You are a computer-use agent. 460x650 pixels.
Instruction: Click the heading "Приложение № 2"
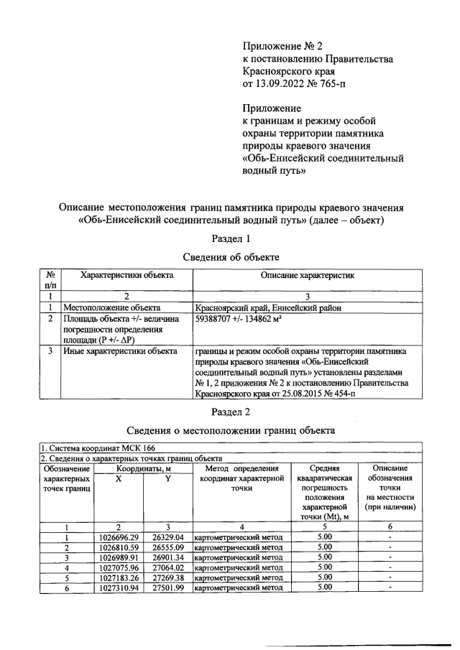coord(283,45)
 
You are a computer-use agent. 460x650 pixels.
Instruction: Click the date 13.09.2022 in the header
coord(284,86)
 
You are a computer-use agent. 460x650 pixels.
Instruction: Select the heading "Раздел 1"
coord(231,238)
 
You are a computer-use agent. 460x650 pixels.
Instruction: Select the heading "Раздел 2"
coord(231,412)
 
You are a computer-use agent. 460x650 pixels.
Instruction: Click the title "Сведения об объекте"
coord(231,256)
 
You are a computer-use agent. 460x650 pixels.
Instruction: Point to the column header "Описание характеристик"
coord(307,275)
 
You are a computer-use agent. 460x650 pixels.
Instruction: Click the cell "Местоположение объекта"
coord(112,307)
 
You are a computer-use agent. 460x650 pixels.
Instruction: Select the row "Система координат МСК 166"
coord(88,447)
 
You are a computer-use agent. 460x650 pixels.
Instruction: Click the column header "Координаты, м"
coord(143,468)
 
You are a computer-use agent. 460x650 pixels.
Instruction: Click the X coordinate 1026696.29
coord(119,537)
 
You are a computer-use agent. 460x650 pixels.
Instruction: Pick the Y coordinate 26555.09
coord(168,547)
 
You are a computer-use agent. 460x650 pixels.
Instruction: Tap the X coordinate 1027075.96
coord(119,567)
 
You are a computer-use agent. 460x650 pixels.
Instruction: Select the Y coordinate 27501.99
coord(168,587)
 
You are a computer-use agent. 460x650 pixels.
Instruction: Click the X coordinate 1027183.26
coord(119,577)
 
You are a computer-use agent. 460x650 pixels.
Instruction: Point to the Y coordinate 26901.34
coord(168,557)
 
